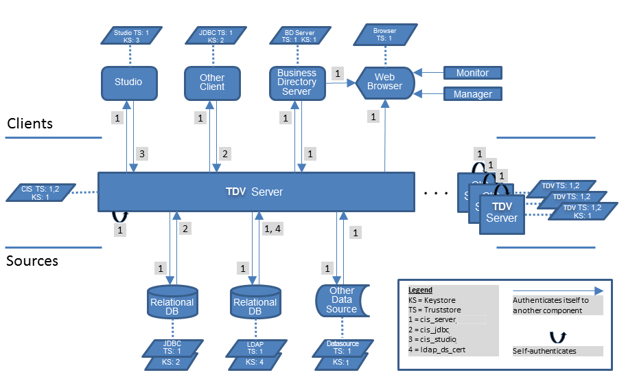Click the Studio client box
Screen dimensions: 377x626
coord(128,82)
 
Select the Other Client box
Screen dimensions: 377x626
coord(212,83)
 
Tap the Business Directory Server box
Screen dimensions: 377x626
coord(297,82)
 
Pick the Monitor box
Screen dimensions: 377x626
coord(472,73)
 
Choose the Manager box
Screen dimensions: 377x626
coord(472,94)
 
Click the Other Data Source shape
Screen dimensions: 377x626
coord(340,300)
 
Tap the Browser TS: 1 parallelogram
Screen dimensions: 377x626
coord(384,35)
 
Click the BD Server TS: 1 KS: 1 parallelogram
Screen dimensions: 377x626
coord(299,36)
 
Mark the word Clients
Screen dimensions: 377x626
coord(30,124)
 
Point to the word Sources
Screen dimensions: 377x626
coord(32,261)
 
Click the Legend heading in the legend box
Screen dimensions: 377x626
coord(420,290)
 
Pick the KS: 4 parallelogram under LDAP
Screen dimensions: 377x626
coord(255,361)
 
